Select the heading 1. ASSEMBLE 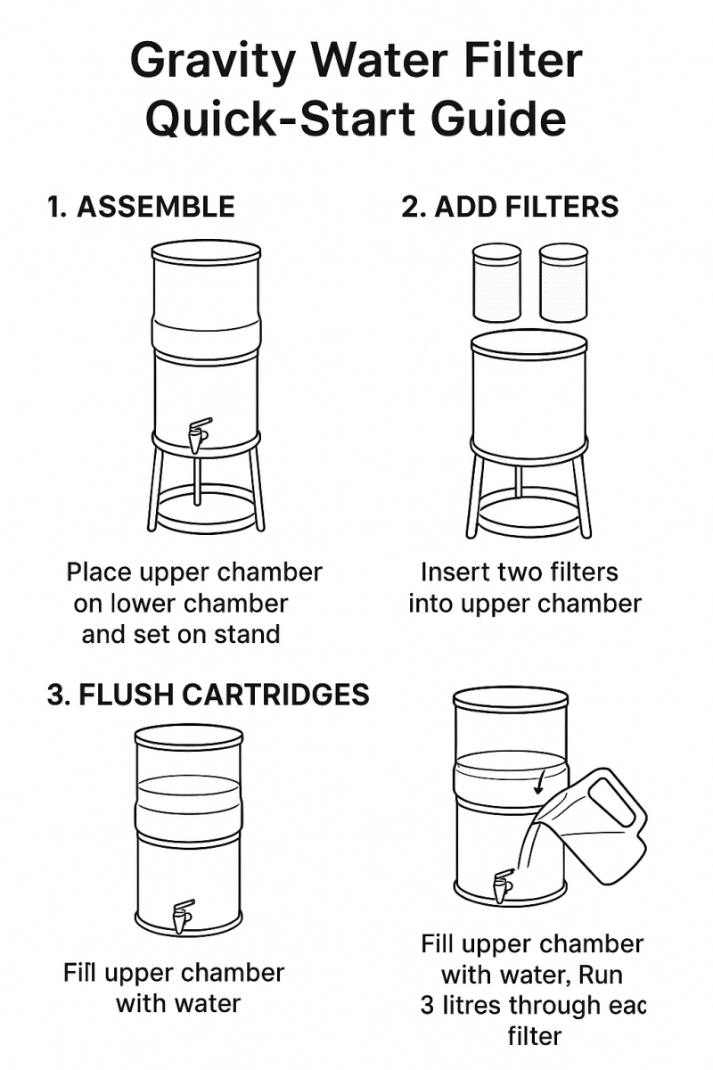click(141, 207)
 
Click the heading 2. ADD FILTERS click(510, 207)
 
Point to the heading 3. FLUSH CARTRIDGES click(208, 695)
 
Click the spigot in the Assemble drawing click(198, 434)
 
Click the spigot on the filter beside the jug click(503, 885)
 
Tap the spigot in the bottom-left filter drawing click(183, 916)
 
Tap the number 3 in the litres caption click(427, 1005)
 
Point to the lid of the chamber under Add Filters click(529, 342)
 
